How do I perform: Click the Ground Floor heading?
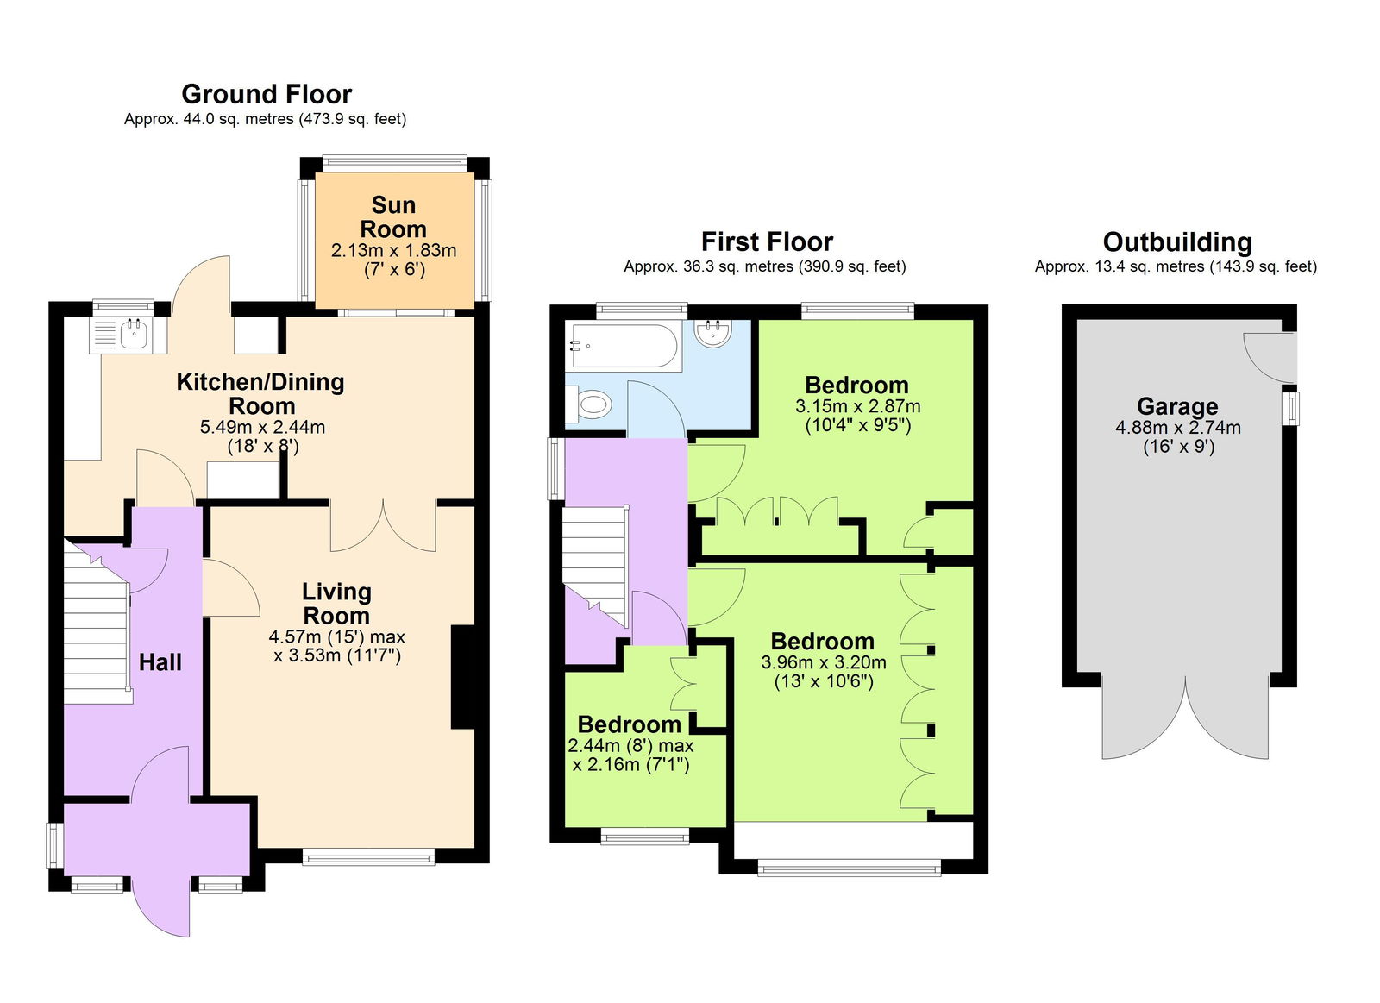267,94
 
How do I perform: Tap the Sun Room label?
393,217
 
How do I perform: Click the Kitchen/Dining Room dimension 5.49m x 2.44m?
262,427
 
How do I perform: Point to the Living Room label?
336,604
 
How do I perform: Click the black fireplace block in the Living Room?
463,678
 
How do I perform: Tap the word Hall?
160,662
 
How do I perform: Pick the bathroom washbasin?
713,333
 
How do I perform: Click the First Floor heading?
767,241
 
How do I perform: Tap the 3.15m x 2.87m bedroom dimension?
857,406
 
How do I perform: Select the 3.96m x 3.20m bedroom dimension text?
823,662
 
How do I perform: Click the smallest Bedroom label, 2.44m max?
630,724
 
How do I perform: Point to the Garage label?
1177,406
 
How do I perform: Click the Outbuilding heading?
1177,242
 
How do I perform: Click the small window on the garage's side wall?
1292,408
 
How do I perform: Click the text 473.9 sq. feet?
353,119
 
